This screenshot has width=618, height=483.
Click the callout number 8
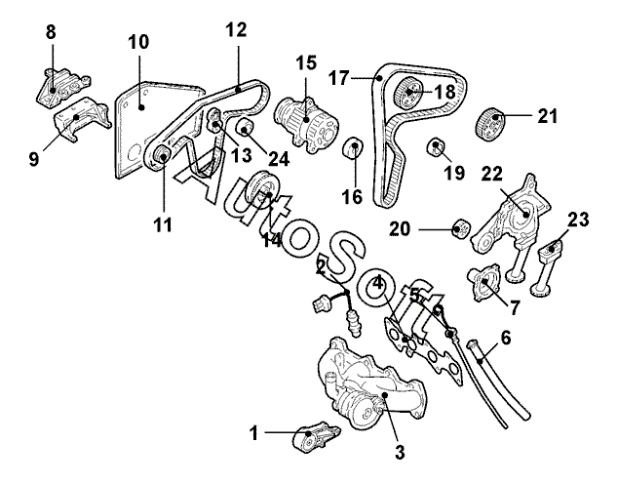tap(51, 32)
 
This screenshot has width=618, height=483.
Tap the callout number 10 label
tap(138, 42)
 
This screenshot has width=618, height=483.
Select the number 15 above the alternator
tap(306, 63)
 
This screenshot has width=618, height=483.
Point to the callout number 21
tap(548, 116)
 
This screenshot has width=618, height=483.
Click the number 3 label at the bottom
tap(400, 453)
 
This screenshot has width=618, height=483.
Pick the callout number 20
tap(400, 229)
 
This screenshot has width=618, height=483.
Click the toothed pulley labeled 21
tap(490, 123)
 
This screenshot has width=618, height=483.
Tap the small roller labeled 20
tap(461, 228)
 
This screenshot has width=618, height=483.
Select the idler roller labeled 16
tap(354, 147)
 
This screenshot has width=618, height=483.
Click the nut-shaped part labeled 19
tap(437, 147)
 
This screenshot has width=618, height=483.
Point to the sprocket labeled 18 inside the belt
tap(407, 93)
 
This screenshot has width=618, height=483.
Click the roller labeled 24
tap(246, 127)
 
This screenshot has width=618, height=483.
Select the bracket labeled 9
tap(81, 120)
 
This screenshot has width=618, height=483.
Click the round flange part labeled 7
tap(483, 283)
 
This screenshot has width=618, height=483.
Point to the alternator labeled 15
tap(306, 122)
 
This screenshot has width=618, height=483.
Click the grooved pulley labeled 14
tap(264, 190)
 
